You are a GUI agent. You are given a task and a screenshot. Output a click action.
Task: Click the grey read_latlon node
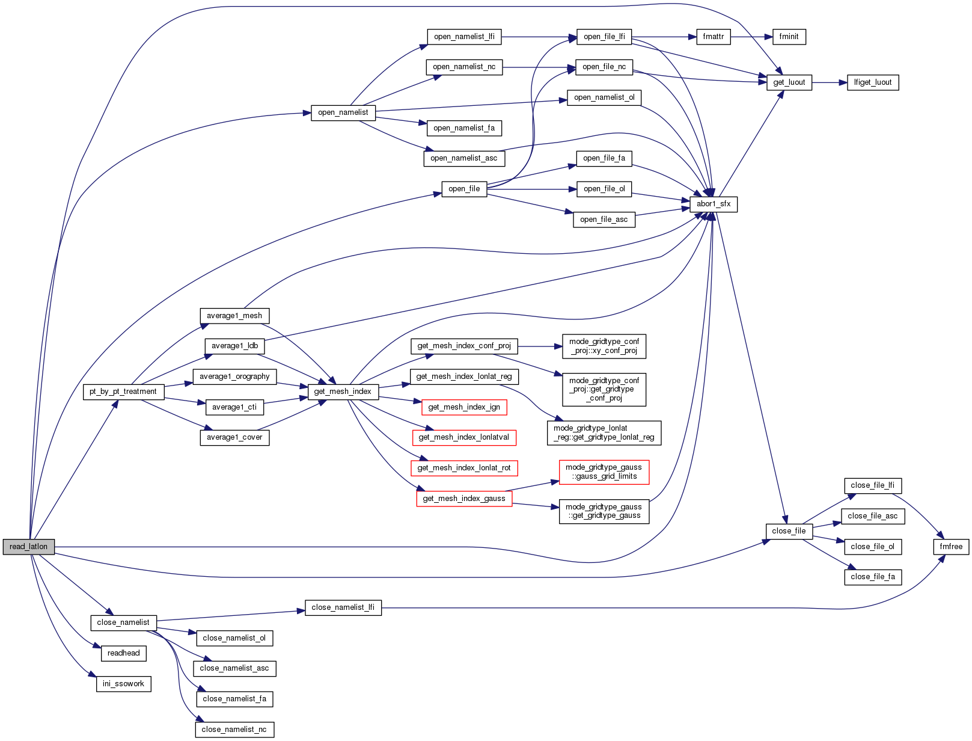(28, 547)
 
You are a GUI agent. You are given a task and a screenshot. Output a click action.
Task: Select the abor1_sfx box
(714, 204)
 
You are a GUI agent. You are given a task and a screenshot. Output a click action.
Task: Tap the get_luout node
(789, 82)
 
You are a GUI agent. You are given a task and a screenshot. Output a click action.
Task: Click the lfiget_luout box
(873, 82)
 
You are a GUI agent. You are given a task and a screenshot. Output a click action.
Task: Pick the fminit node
(789, 37)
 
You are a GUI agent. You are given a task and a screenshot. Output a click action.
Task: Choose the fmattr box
(714, 37)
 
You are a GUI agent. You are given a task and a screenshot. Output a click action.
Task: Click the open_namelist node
(343, 112)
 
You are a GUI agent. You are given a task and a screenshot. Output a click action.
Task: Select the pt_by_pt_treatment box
(123, 392)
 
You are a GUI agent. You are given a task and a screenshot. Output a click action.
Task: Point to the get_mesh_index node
(343, 392)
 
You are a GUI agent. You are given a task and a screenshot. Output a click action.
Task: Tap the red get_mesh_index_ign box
(464, 407)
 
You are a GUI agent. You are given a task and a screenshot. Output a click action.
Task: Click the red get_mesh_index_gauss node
(464, 499)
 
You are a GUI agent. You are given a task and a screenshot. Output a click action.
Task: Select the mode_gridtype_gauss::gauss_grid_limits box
(604, 472)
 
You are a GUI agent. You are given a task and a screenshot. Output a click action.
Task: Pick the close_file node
(789, 531)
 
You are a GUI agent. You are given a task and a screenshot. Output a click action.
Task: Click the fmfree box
(951, 547)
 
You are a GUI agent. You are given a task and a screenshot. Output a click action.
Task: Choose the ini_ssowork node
(123, 684)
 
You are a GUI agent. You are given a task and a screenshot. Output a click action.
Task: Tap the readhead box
(123, 653)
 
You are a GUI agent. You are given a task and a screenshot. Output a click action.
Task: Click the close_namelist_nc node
(234, 730)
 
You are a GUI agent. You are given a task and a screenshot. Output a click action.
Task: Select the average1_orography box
(234, 377)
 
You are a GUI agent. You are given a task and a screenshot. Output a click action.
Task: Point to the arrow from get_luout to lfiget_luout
(830, 82)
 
